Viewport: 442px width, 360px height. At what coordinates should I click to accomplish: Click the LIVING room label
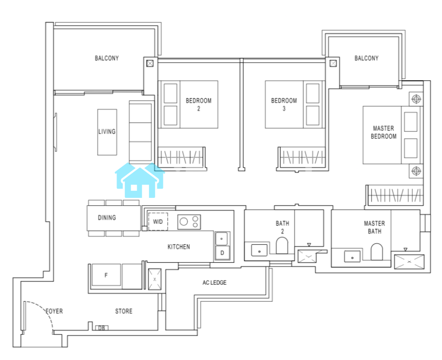coord(107,132)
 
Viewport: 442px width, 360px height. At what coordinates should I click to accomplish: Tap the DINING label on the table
coord(107,218)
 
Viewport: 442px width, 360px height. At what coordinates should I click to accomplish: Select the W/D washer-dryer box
coord(158,221)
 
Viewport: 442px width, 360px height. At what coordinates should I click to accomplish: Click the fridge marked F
coord(106,275)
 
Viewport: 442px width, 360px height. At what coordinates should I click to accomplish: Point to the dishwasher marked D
coord(223,253)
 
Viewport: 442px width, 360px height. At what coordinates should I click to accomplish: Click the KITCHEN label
coord(178,247)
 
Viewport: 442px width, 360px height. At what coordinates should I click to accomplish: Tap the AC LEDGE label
coord(214,282)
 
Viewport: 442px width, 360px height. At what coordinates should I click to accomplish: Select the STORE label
coord(124,311)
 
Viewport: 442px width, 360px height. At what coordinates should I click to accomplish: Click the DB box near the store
coord(101,328)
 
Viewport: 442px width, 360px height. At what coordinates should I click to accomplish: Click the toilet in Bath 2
coord(282,245)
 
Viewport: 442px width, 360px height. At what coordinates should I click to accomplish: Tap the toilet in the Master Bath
coord(376,251)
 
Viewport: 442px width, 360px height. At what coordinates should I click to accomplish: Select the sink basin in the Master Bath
coord(352,257)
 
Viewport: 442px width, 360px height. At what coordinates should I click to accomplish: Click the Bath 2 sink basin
coord(259,250)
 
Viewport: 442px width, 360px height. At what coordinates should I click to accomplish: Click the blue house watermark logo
coord(140,180)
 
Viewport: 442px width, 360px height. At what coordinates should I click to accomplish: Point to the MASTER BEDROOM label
coord(383,133)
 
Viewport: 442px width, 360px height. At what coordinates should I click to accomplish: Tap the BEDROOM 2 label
coord(198,104)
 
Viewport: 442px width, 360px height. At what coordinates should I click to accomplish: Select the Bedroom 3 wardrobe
coord(301,158)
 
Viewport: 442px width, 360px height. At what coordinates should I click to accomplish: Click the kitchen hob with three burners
coord(189,222)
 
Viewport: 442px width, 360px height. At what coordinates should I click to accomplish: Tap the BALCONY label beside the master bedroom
coord(366,58)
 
